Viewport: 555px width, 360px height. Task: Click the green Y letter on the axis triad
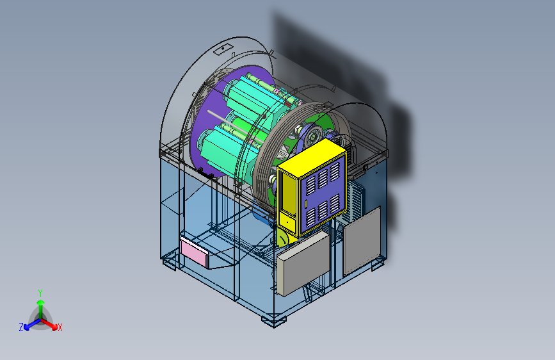click(x=40, y=293)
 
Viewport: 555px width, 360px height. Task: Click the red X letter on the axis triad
click(x=60, y=327)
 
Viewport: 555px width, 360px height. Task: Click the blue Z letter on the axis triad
click(x=21, y=327)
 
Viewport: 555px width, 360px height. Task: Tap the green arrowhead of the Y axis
click(x=41, y=302)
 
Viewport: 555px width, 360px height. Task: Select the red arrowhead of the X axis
click(x=54, y=327)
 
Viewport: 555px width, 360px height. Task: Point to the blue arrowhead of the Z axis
click(x=26, y=327)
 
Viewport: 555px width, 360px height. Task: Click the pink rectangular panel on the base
click(x=194, y=252)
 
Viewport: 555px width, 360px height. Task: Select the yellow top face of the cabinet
click(x=312, y=158)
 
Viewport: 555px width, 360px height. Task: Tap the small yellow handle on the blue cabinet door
click(x=306, y=204)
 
